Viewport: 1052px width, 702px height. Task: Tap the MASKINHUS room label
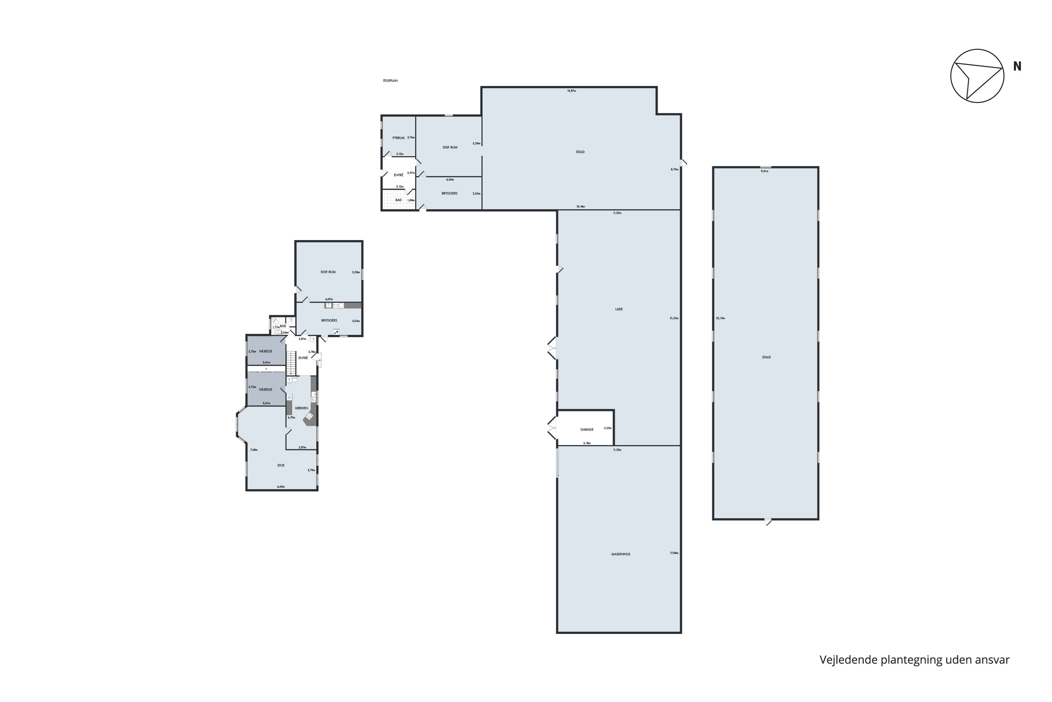tap(620, 554)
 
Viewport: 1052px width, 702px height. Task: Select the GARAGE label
tap(586, 430)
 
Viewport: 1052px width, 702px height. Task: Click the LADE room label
tap(619, 309)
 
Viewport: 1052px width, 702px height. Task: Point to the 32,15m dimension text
tap(720, 318)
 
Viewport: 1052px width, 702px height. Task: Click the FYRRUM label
tap(398, 138)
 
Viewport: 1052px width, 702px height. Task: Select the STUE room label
tap(281, 466)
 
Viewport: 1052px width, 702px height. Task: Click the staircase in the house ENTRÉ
tap(291, 363)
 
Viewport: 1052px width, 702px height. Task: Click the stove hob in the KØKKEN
tap(309, 416)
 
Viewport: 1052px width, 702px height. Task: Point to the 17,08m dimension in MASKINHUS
tap(674, 554)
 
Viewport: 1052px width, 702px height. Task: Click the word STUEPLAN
tap(390, 81)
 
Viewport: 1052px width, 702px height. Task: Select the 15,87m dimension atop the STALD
tap(571, 91)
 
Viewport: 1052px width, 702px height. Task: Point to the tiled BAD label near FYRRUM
tap(398, 200)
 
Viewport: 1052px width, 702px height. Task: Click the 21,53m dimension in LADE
tap(674, 318)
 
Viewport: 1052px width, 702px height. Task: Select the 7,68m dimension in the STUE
tap(254, 450)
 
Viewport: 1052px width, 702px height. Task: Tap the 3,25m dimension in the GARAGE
tap(607, 428)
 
